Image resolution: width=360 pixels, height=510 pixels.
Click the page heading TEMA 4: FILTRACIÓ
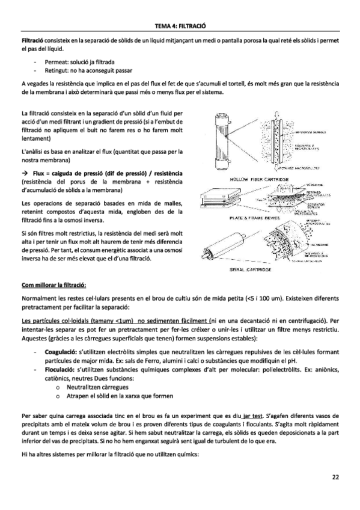(x=180, y=26)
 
